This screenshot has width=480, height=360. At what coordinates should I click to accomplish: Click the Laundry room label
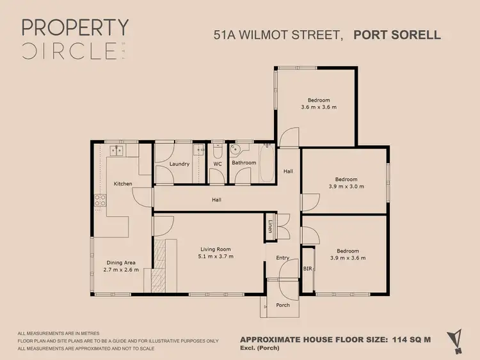click(179, 164)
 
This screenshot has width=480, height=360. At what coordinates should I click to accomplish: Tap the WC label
click(217, 164)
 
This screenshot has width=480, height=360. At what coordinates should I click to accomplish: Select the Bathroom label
click(244, 163)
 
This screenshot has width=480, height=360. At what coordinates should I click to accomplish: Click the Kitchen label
click(123, 184)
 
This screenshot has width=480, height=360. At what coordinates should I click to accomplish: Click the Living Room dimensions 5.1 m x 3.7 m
click(214, 256)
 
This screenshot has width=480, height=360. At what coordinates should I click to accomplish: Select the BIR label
click(307, 269)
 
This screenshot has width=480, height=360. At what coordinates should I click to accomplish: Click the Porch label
click(283, 305)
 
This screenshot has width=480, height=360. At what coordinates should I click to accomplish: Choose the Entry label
click(283, 258)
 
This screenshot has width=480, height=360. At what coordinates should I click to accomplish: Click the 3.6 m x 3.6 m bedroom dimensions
click(318, 107)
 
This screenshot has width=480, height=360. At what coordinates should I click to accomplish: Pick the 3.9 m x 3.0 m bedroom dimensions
click(346, 187)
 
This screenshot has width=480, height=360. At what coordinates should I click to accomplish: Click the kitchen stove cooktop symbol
click(100, 202)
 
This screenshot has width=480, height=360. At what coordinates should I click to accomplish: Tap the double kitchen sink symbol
click(116, 151)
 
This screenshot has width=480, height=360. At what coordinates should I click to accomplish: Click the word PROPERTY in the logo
click(76, 27)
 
